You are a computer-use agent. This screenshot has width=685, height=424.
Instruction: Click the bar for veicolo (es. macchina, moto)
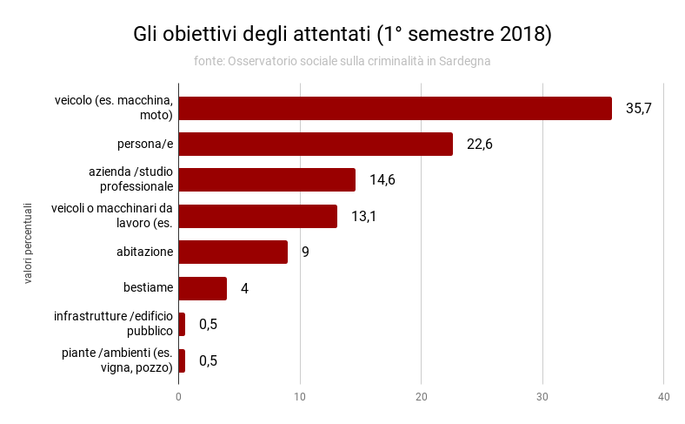click(395, 108)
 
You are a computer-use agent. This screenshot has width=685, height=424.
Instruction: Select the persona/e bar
click(316, 144)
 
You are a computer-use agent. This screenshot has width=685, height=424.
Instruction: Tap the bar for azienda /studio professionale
click(267, 179)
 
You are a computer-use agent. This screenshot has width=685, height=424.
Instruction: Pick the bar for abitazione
click(233, 252)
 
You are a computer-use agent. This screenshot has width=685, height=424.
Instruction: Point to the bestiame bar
click(203, 288)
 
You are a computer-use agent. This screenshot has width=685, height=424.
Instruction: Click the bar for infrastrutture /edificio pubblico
click(182, 324)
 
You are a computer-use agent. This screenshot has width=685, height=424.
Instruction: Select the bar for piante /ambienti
click(182, 360)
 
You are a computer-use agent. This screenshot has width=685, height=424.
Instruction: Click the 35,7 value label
click(638, 108)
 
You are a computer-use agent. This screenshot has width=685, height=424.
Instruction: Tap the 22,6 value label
click(479, 145)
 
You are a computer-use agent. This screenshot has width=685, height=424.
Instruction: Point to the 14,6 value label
click(382, 180)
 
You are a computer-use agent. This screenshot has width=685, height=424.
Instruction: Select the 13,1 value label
click(363, 216)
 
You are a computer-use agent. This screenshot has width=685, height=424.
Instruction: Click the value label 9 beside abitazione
click(305, 252)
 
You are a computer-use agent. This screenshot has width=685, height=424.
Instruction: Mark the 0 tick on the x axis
click(178, 397)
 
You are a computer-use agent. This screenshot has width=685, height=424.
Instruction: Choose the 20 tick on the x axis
click(422, 397)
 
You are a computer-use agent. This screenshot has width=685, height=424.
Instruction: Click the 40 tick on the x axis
click(663, 397)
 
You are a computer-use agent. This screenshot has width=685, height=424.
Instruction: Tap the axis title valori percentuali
click(28, 243)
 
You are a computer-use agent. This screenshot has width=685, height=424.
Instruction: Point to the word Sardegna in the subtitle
click(465, 61)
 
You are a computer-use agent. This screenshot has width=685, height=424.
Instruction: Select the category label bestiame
click(149, 288)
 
